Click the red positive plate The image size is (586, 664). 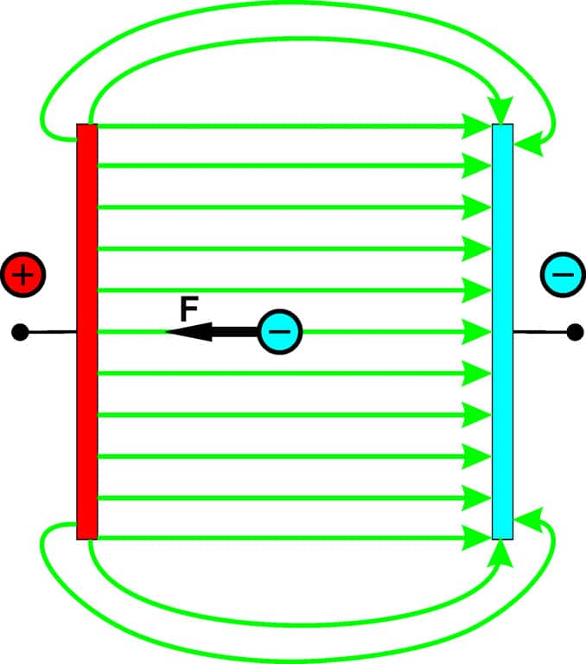coord(87,331)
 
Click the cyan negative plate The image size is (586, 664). coord(502,331)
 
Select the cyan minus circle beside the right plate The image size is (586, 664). coord(563,275)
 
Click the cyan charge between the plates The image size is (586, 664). coord(281,331)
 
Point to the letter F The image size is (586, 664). coord(189,308)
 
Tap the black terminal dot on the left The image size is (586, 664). coord(21,331)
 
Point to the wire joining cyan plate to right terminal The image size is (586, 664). coord(543,331)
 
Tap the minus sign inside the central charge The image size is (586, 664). coord(281,331)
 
